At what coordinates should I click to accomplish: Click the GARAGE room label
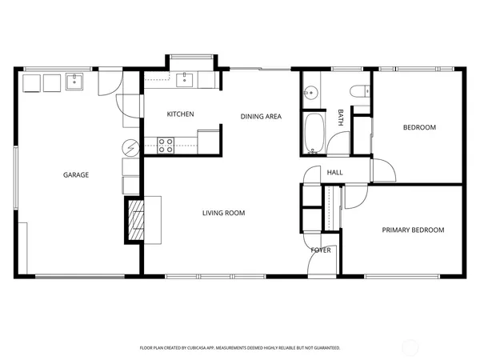click(x=76, y=174)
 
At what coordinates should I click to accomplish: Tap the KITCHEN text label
click(x=180, y=114)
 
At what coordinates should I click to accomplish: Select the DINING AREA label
click(x=261, y=117)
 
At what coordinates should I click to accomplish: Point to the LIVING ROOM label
click(x=223, y=213)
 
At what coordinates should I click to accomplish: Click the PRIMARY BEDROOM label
click(x=412, y=230)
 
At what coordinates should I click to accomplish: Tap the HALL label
click(x=334, y=172)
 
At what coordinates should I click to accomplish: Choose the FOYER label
click(x=321, y=250)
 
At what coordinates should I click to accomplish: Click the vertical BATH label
click(x=341, y=118)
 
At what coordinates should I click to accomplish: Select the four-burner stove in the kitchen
click(x=166, y=145)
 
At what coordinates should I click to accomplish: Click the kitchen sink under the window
click(x=186, y=78)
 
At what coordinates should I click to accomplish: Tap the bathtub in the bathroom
click(x=314, y=134)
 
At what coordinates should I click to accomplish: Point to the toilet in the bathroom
click(x=359, y=92)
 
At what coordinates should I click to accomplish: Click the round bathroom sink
click(x=310, y=92)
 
